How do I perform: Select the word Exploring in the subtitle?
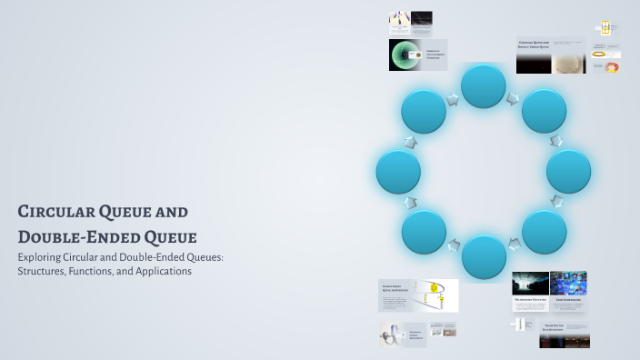click(43, 257)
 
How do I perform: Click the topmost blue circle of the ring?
click(483, 86)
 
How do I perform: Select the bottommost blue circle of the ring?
click(483, 256)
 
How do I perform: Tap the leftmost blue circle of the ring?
click(398, 172)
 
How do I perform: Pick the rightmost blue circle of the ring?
click(568, 172)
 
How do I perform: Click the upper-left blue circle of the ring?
click(424, 111)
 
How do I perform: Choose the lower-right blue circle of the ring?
click(544, 232)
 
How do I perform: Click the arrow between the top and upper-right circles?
click(515, 96)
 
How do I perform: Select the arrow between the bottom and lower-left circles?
click(452, 245)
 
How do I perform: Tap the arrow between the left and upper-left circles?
click(409, 142)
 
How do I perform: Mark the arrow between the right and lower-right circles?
click(557, 203)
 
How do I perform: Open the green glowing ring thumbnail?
click(405, 55)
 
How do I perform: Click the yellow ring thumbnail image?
click(599, 54)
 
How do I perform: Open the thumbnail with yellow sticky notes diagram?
click(435, 296)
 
